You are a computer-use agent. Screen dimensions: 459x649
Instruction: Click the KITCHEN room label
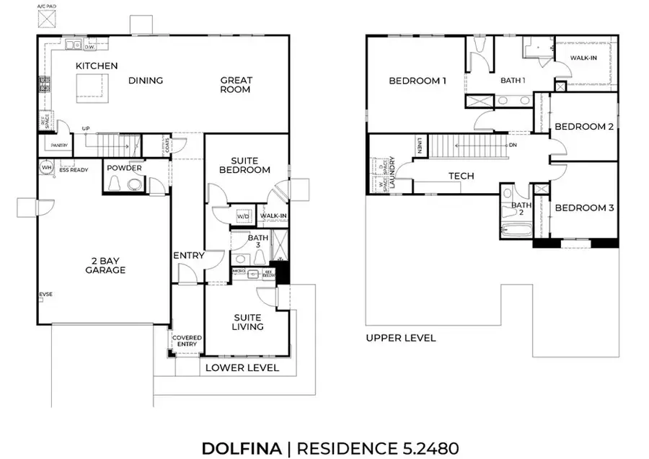(97, 66)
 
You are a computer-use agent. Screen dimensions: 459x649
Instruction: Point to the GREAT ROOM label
(235, 85)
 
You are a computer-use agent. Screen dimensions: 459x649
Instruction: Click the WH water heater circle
(47, 167)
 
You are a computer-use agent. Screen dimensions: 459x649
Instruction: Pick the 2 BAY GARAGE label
(105, 266)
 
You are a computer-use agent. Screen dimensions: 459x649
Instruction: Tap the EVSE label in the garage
(47, 295)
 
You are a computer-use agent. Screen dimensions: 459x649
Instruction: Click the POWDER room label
(124, 169)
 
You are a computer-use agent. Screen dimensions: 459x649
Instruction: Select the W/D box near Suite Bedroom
(243, 215)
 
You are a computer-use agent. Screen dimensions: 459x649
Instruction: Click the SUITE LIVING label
(247, 321)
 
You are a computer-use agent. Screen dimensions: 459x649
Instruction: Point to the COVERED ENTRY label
(187, 341)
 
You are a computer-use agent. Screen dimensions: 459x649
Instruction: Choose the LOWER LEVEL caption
(242, 367)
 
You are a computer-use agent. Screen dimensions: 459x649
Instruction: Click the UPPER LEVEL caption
(400, 338)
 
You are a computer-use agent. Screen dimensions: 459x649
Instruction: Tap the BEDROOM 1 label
(418, 81)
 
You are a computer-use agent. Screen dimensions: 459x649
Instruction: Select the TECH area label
(460, 176)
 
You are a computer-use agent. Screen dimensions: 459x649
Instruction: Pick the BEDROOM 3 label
(584, 208)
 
